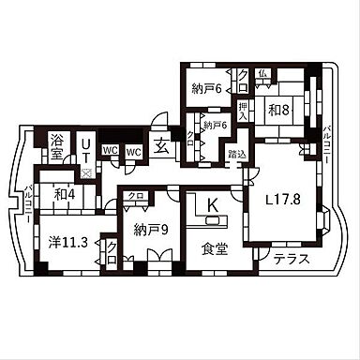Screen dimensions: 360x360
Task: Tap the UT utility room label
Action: click(85, 146)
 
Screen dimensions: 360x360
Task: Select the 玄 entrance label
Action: click(161, 146)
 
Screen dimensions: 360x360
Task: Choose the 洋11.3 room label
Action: click(68, 242)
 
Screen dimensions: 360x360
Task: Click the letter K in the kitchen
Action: click(212, 204)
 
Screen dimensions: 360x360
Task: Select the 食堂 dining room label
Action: click(214, 249)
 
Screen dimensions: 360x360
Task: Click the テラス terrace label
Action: click(290, 260)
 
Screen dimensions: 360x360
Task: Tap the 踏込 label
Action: click(237, 152)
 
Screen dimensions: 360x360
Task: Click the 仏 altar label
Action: click(265, 73)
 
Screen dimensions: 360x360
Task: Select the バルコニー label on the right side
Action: click(326, 144)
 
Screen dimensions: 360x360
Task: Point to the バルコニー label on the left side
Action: click(29, 203)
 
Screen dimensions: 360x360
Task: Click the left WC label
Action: click(111, 150)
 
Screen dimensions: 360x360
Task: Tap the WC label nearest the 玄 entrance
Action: click(133, 150)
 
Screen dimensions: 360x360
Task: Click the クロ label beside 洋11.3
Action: click(112, 250)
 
